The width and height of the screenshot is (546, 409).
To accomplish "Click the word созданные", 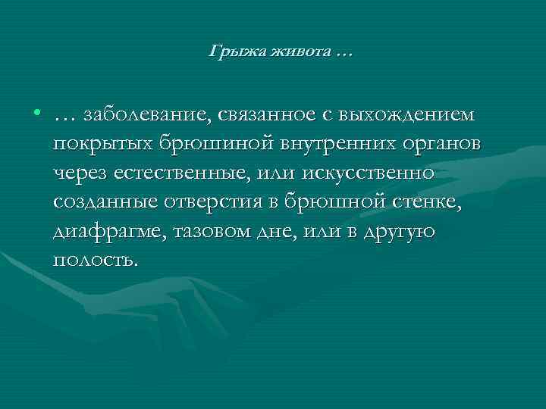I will (x=102, y=202).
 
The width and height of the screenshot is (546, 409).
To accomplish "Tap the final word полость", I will (x=97, y=260).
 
